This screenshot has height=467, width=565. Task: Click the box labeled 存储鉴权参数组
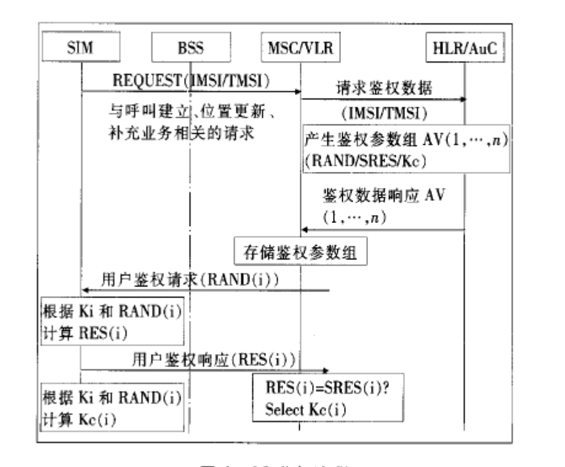click(x=300, y=251)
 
